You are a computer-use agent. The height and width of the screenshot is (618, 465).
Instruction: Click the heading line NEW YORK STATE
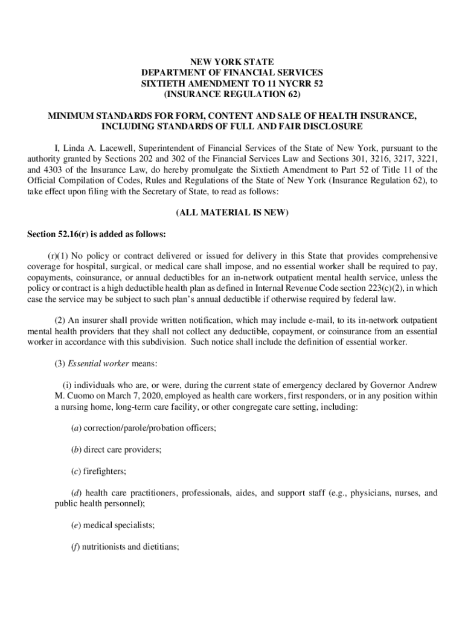click(232, 62)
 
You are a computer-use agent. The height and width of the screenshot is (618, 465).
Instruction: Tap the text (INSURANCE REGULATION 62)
click(232, 95)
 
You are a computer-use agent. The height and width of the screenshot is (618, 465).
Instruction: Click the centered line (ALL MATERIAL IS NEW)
click(232, 213)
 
